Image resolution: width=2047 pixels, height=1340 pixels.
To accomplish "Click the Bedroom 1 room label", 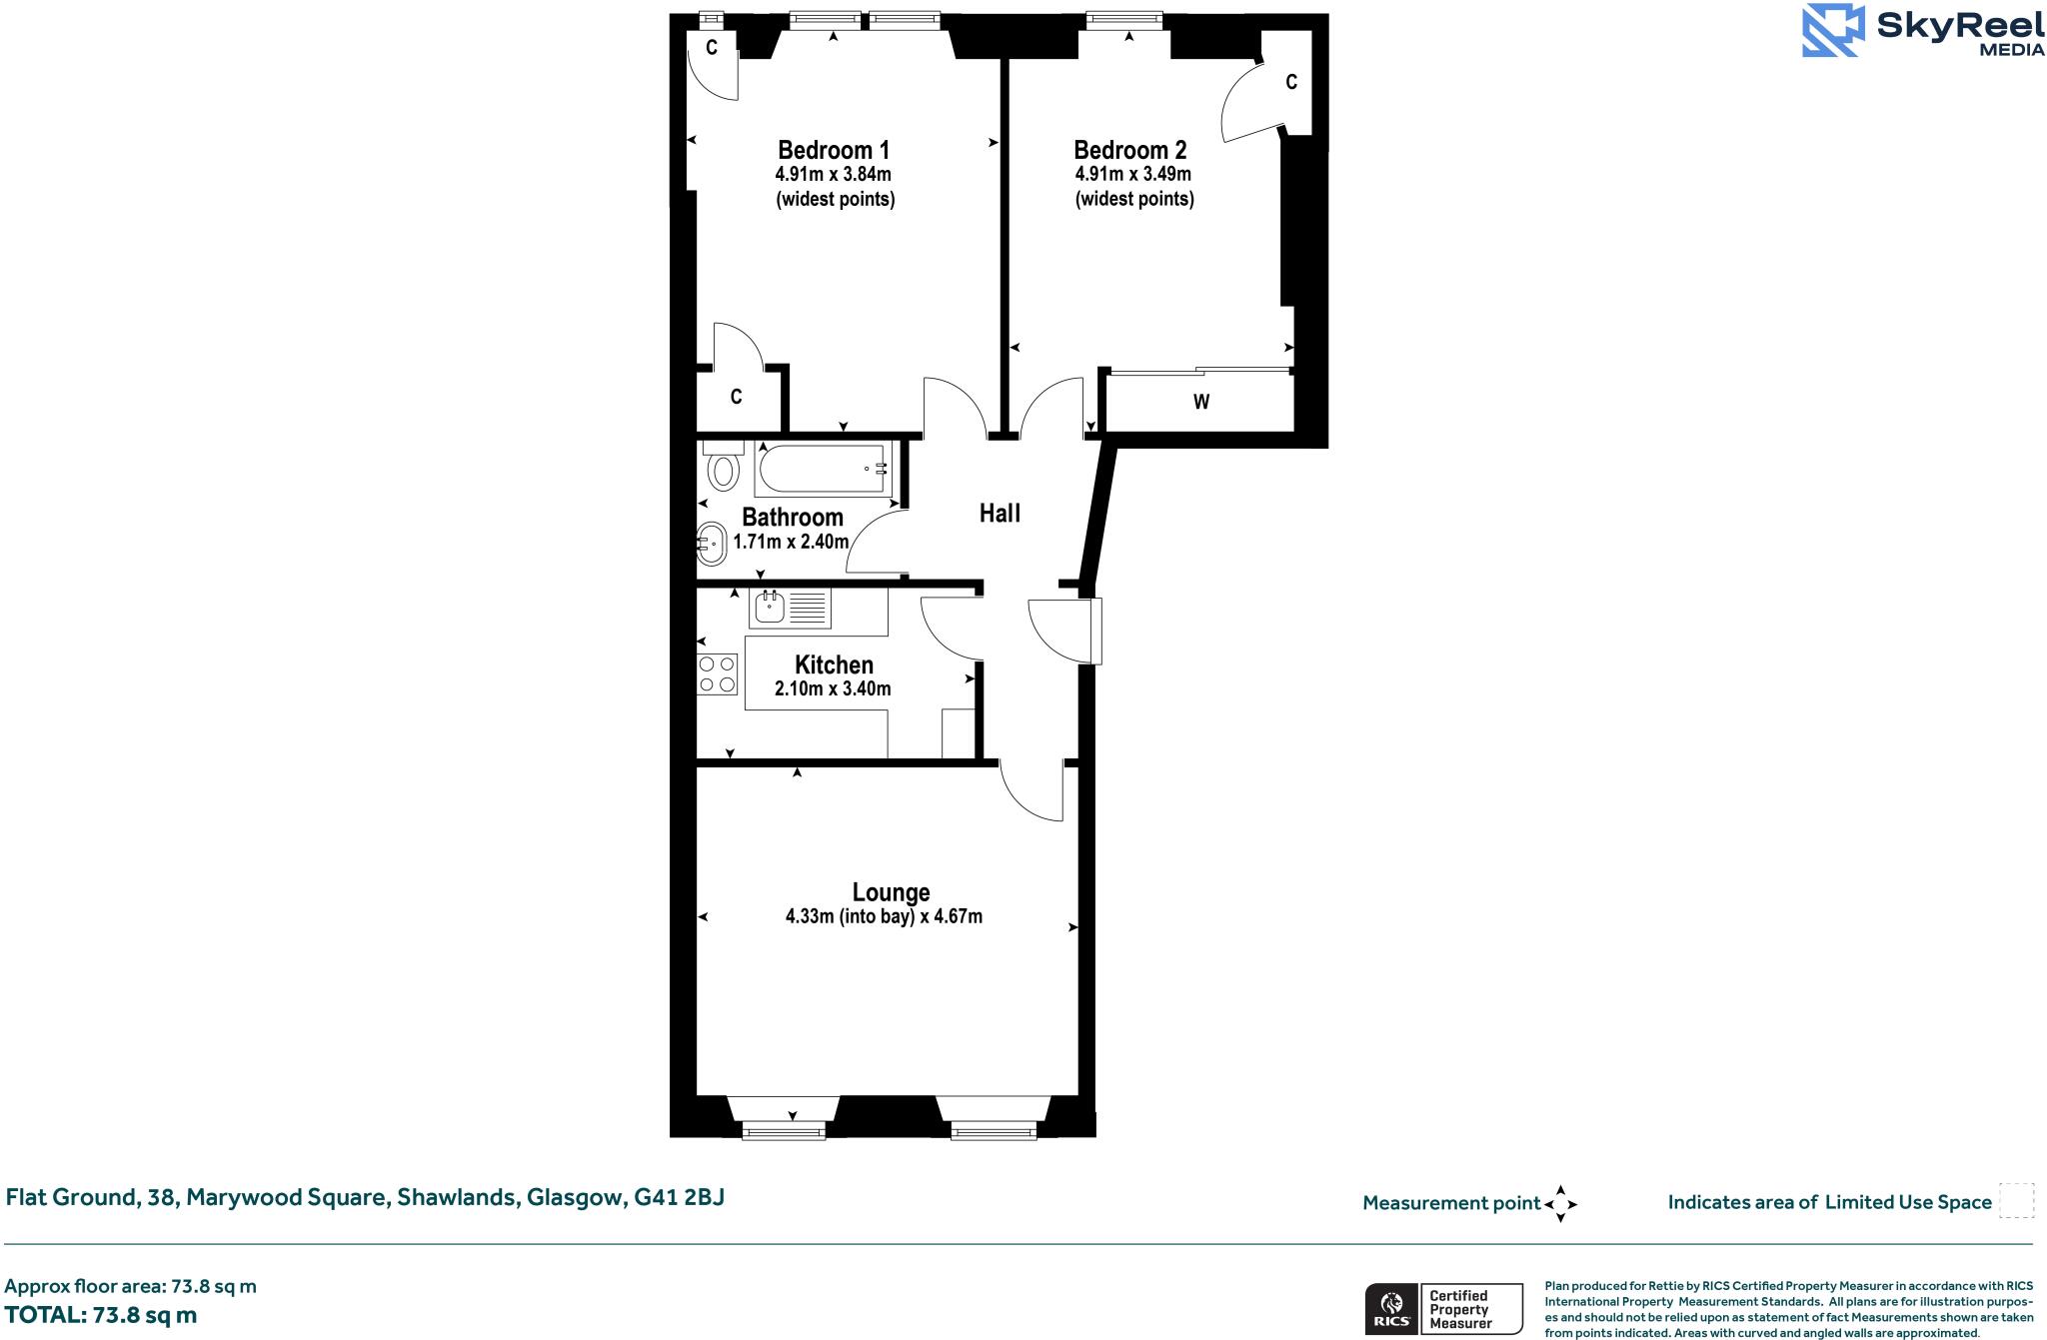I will (x=833, y=150).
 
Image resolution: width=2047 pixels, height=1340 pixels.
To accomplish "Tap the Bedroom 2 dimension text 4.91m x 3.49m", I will (x=1132, y=174).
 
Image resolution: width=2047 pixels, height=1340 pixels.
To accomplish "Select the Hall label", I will (x=1000, y=513).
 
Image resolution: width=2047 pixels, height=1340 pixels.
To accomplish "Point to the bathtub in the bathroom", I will (x=823, y=469).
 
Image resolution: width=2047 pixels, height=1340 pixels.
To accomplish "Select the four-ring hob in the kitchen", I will (x=718, y=673).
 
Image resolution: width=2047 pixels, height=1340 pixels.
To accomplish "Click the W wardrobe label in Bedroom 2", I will (x=1200, y=402).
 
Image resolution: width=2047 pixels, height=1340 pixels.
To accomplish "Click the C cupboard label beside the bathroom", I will (x=736, y=398).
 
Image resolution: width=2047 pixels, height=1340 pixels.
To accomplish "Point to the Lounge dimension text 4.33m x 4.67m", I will (x=884, y=916).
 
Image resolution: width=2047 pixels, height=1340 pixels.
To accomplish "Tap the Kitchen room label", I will (x=834, y=665).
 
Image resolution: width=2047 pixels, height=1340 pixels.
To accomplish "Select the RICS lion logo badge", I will (x=1390, y=1309).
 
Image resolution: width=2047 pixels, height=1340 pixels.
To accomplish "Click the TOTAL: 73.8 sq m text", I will (x=101, y=1315).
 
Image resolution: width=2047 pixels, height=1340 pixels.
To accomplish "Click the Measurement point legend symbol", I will (x=1560, y=1203).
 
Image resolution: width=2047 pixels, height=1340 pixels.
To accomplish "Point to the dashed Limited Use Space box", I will (x=2016, y=1201).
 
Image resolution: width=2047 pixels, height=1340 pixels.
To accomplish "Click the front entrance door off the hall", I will (x=1096, y=631).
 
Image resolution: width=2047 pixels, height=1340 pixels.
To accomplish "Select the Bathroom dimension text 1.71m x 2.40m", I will (x=791, y=542).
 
